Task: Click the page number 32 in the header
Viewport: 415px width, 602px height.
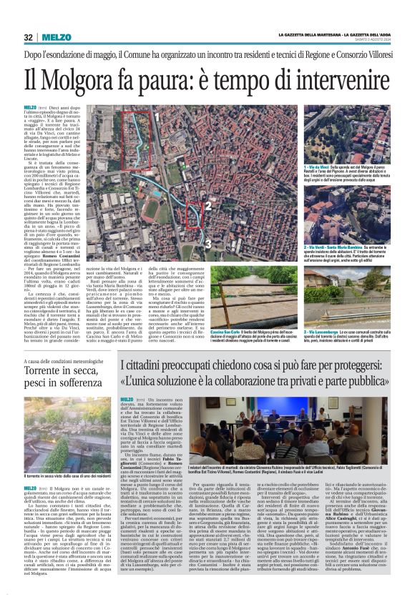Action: [29, 37]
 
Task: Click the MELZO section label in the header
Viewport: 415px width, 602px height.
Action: [56, 37]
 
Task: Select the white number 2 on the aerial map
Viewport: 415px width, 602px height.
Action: [207, 207]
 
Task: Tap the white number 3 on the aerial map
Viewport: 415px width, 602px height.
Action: [207, 244]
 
